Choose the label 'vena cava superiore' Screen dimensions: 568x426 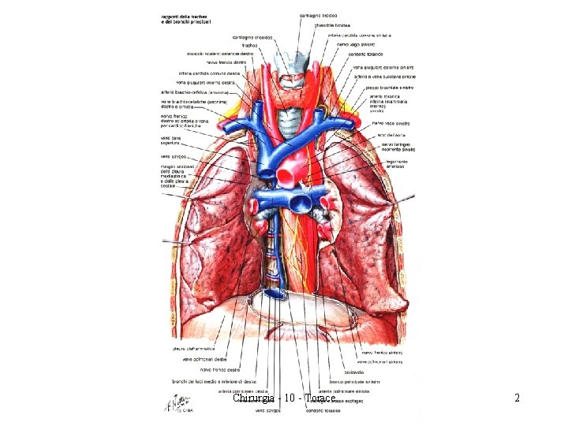coord(171,140)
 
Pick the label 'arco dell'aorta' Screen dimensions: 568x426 coord(392,136)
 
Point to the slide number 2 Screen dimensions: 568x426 coord(517,398)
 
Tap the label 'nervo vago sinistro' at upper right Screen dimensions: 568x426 coord(353,45)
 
